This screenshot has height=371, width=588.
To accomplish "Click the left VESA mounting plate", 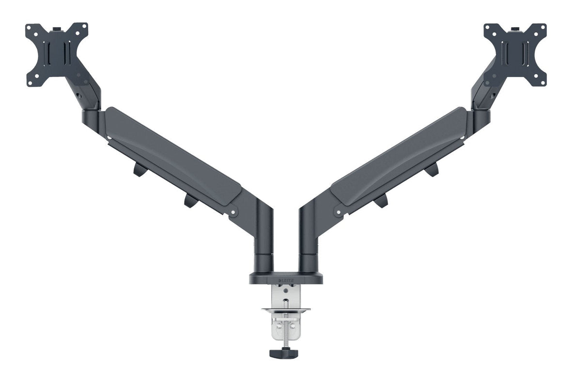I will tap(57, 54).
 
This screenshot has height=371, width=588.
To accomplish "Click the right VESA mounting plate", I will tap(515, 54).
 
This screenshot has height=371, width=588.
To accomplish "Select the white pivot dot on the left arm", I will tap(232, 212).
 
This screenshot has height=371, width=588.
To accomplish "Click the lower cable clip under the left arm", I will tap(188, 200).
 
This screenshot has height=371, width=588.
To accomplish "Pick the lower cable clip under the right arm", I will tap(382, 200).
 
